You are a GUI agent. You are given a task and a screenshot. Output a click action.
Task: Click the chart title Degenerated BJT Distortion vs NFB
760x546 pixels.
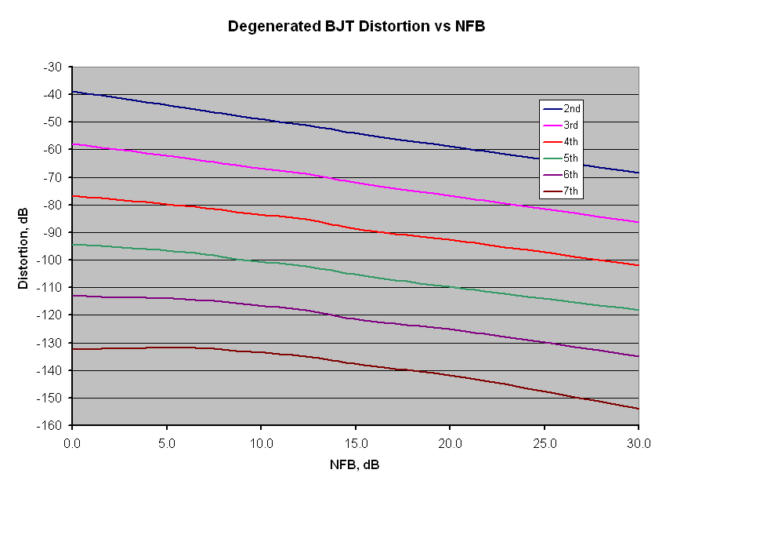[x=356, y=27]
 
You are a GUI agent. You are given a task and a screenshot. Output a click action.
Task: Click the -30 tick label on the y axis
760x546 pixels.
[x=53, y=67]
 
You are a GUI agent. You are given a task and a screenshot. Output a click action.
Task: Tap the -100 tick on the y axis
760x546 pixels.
[x=50, y=260]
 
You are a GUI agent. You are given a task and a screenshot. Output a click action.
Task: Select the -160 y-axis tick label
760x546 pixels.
[x=50, y=425]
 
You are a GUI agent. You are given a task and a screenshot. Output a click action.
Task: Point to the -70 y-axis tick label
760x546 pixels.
[x=53, y=177]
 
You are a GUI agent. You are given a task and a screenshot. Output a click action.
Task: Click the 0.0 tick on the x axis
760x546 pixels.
[x=72, y=443]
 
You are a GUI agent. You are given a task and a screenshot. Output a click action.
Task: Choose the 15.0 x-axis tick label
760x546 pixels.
[x=355, y=443]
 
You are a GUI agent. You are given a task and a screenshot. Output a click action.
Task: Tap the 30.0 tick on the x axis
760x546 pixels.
[x=639, y=443]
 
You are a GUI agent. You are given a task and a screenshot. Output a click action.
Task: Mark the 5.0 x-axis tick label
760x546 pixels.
[x=166, y=443]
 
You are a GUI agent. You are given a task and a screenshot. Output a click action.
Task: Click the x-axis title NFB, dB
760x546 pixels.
[x=355, y=465]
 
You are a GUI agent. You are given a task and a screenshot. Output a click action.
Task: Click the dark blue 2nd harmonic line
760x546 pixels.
[x=261, y=120]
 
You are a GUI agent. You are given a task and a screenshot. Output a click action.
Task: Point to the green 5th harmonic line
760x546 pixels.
[x=261, y=263]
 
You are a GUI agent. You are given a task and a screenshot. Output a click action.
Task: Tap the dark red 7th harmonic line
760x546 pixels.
[x=261, y=352]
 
